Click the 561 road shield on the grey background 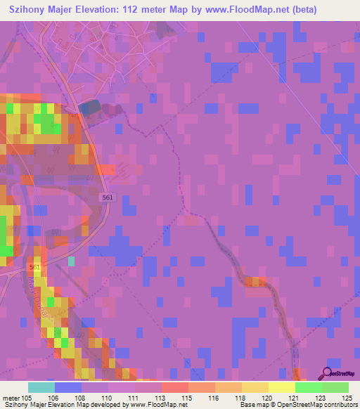(x=106, y=198)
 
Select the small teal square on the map (x=70, y=261)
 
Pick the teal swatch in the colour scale (x=41, y=387)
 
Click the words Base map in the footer (x=251, y=405)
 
